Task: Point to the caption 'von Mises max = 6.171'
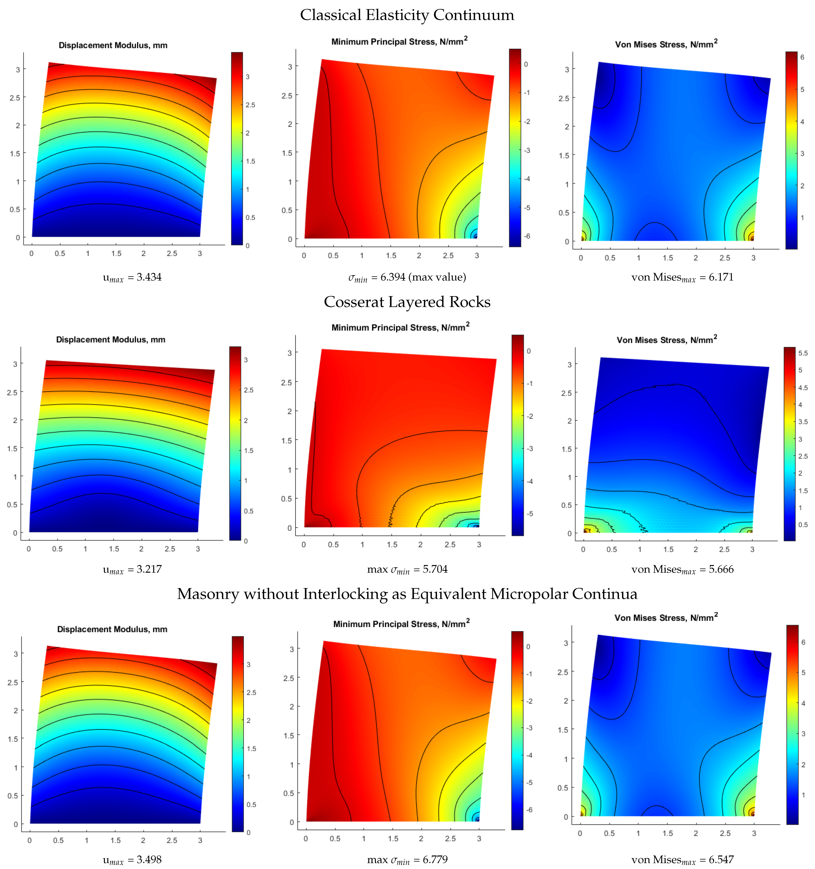point(682,277)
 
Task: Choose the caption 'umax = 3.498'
point(132,859)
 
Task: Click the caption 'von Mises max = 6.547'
point(682,859)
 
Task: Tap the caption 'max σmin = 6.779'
point(407,859)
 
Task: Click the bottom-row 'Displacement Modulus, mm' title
point(112,629)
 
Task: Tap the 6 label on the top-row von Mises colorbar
point(802,57)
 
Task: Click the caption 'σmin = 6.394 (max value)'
point(407,277)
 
